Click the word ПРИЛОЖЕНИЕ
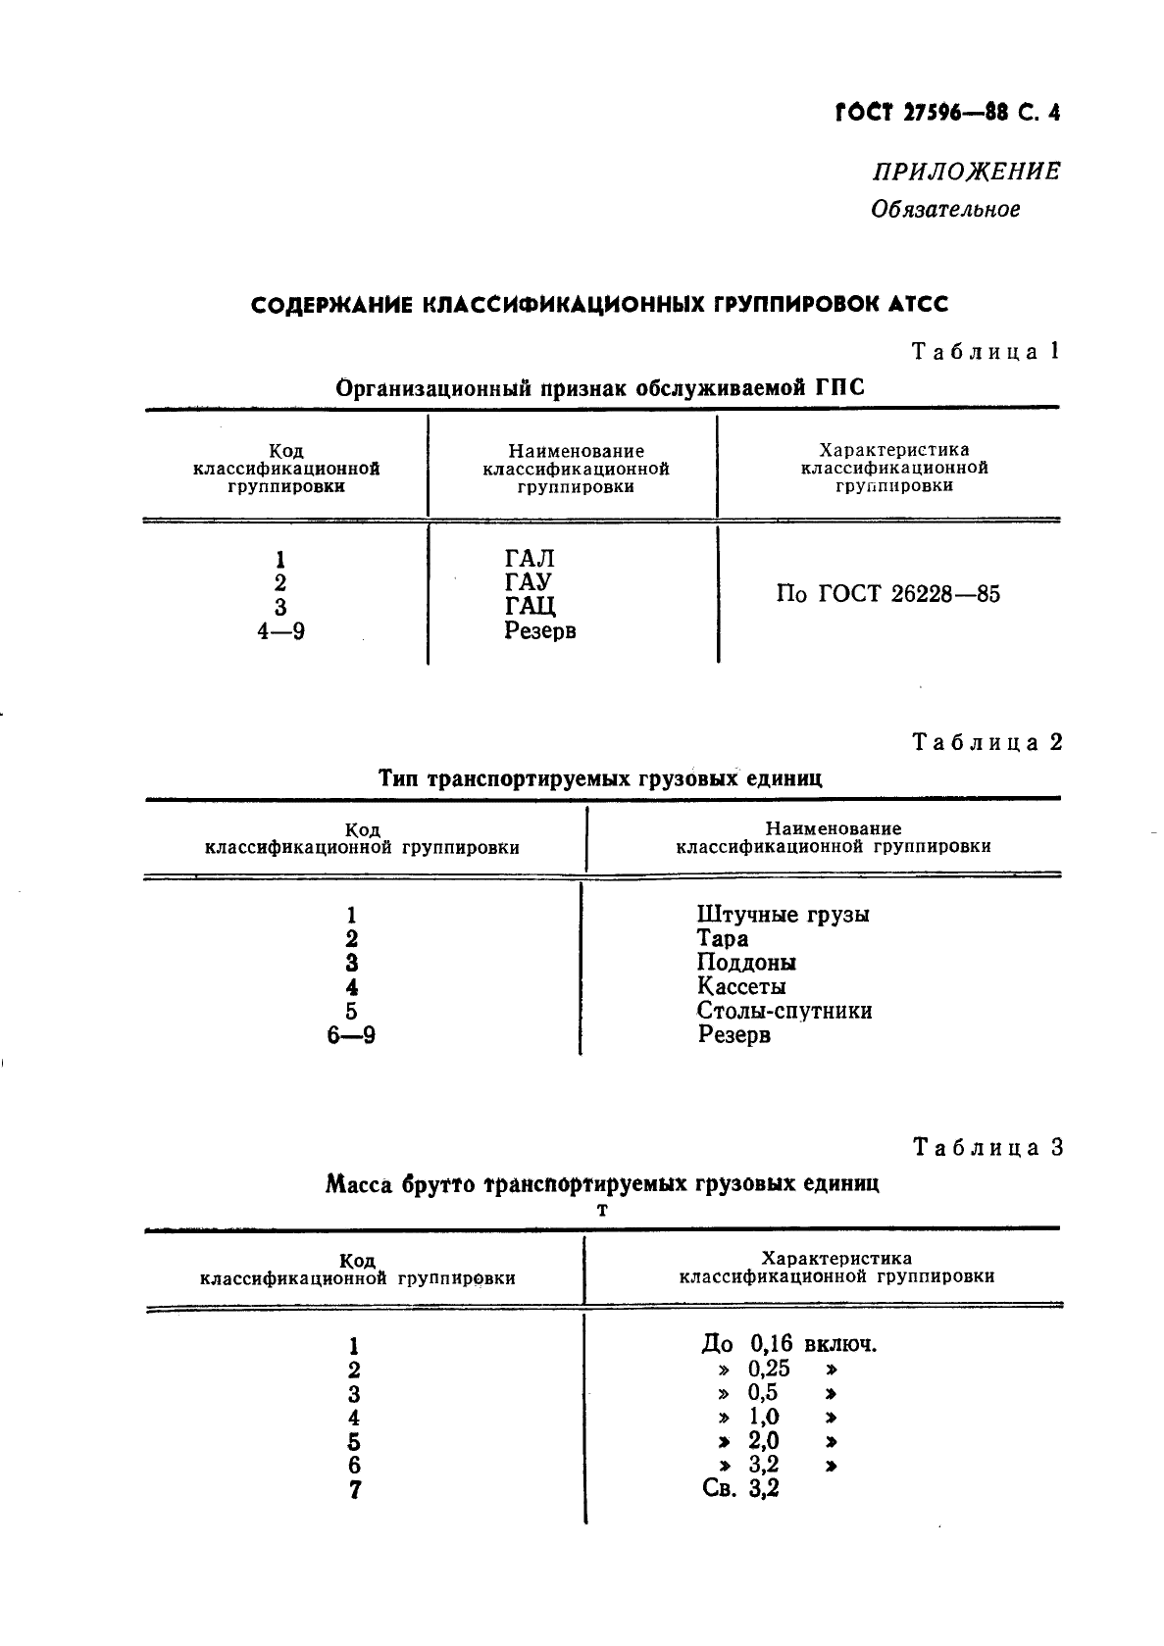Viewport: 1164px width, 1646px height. click(x=966, y=172)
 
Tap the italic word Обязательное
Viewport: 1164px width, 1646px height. click(x=945, y=209)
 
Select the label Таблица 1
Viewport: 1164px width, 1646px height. click(x=986, y=351)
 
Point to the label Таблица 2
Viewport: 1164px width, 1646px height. click(x=987, y=741)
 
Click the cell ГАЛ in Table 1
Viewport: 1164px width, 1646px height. click(x=530, y=559)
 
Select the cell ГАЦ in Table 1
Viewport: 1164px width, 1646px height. click(x=530, y=607)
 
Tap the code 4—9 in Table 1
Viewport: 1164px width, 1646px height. click(x=280, y=631)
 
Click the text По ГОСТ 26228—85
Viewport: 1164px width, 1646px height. click(x=887, y=594)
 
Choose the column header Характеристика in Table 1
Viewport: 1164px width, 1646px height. click(x=893, y=451)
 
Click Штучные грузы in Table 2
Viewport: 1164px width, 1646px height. click(x=783, y=915)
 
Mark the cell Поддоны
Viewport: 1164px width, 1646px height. click(x=746, y=963)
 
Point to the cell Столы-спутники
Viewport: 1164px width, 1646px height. click(x=784, y=1011)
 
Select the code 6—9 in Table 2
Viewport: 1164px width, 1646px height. click(x=351, y=1034)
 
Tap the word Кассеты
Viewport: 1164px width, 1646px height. click(x=740, y=986)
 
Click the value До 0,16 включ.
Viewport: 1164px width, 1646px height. click(x=788, y=1344)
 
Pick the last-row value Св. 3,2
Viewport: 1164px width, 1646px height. click(x=740, y=1489)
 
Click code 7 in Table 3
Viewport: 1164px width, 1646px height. click(x=354, y=1490)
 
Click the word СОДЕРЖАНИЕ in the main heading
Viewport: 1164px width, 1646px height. click(x=330, y=305)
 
